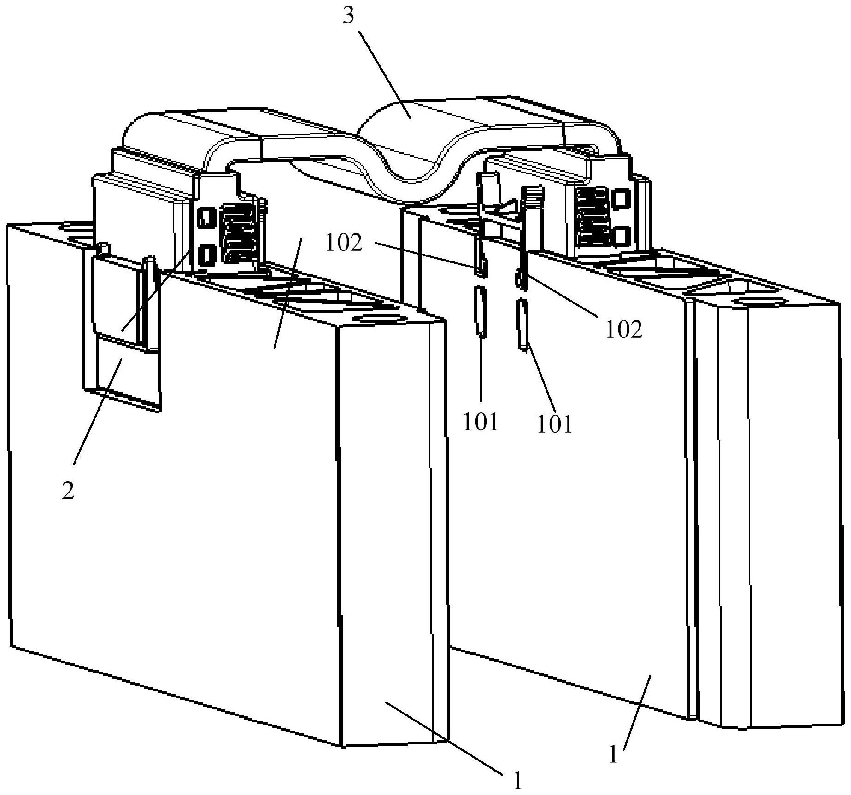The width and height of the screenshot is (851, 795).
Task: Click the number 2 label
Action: [x=68, y=491]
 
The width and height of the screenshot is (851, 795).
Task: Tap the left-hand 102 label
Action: [x=344, y=243]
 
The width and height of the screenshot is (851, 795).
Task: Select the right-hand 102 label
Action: [x=623, y=330]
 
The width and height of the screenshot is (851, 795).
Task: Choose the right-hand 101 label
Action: [x=555, y=424]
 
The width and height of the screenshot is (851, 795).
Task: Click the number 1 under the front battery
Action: [x=518, y=780]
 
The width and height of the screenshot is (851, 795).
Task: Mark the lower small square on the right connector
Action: [x=621, y=235]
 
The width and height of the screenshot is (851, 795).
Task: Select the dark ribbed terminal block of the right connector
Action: [x=592, y=215]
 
